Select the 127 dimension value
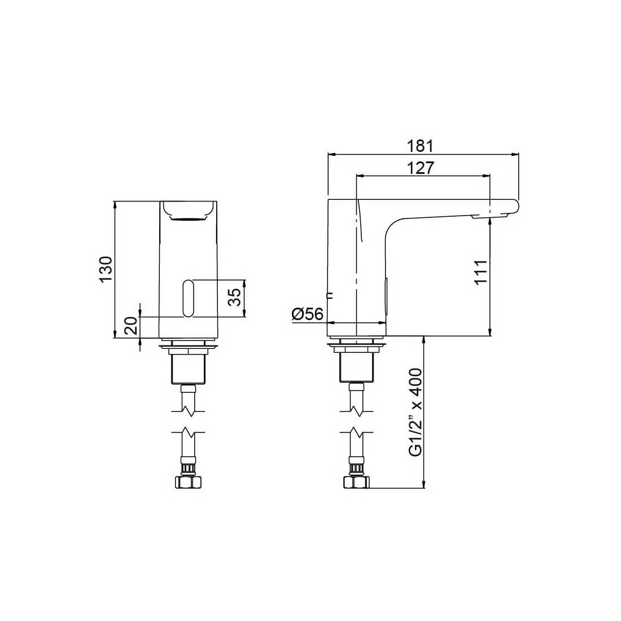(419, 168)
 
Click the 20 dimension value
(131, 326)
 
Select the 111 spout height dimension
(480, 273)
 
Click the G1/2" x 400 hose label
(416, 412)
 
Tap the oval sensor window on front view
(188, 299)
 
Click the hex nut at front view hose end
(188, 482)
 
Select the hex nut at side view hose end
(356, 482)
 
